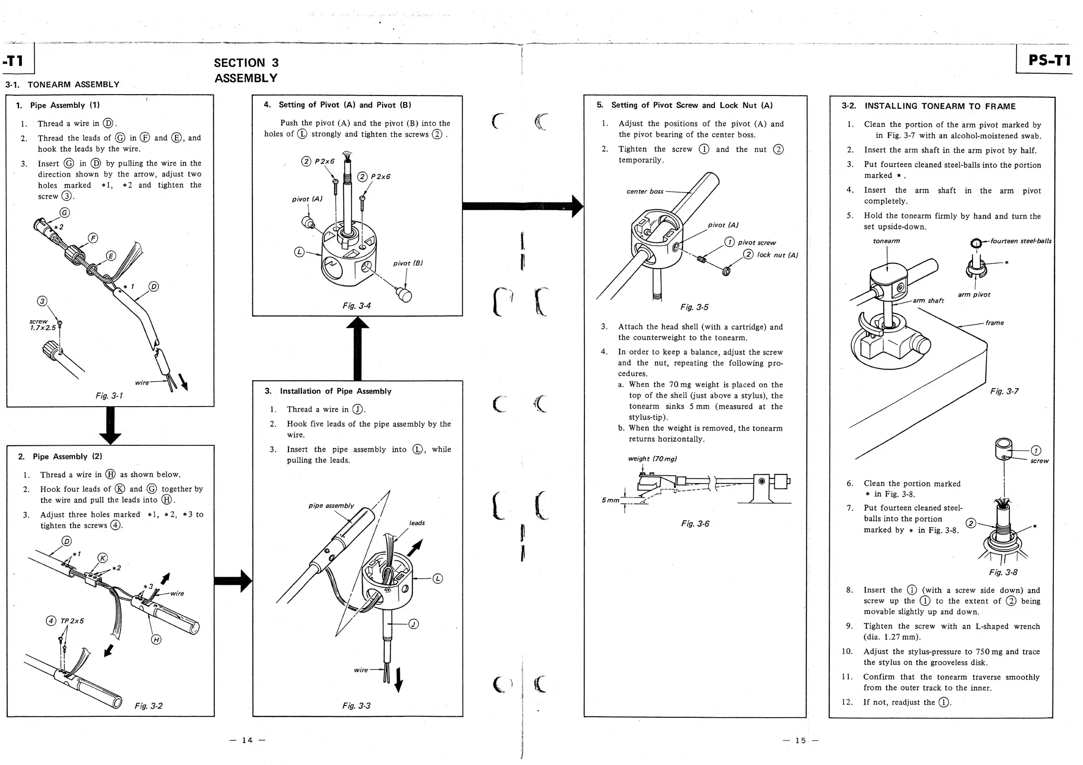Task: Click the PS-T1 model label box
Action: coord(1048,60)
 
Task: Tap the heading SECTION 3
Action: coord(246,63)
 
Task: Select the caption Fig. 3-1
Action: coord(109,396)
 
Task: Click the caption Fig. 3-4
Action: coord(356,306)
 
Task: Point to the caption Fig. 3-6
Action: coord(695,523)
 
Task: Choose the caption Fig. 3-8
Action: coord(1003,572)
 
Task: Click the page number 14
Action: coord(247,740)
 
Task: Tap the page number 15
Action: coord(801,740)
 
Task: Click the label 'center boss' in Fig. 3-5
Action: coord(645,191)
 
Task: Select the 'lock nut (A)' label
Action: coord(777,255)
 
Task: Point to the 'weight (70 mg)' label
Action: coord(652,458)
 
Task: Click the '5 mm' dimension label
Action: coord(610,500)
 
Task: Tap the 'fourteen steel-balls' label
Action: coord(1020,241)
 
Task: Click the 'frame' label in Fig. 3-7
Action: coord(994,322)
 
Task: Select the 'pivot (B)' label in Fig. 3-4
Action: coord(408,263)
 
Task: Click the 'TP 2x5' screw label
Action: coord(72,621)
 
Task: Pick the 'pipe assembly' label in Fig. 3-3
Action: coord(331,506)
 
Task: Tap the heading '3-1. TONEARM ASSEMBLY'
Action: coord(62,85)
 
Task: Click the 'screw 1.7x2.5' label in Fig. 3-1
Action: coord(42,324)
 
